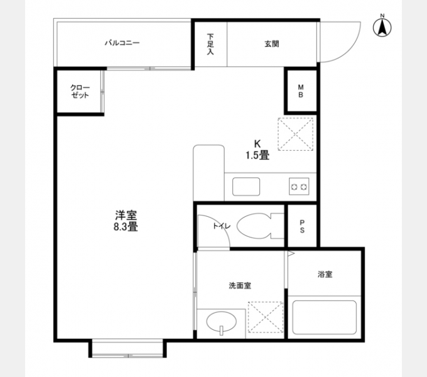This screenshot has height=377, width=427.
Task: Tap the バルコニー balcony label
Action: pyautogui.click(x=122, y=43)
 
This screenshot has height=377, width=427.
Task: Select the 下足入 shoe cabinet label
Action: pyautogui.click(x=210, y=43)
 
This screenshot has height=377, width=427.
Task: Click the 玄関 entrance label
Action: pyautogui.click(x=271, y=44)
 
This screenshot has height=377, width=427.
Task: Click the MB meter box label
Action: pyautogui.click(x=301, y=91)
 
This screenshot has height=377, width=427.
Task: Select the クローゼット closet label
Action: pyautogui.click(x=79, y=92)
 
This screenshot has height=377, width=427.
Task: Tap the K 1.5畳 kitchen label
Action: pyautogui.click(x=257, y=150)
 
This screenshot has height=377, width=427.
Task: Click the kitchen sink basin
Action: pyautogui.click(x=246, y=187)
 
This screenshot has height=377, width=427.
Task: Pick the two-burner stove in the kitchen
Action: pyautogui.click(x=298, y=187)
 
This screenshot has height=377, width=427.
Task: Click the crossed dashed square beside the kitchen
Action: pyautogui.click(x=295, y=134)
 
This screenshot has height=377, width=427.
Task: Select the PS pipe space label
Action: pyautogui.click(x=302, y=226)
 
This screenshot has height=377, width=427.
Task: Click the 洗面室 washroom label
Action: pyautogui.click(x=239, y=285)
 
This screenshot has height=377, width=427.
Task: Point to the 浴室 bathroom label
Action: pyautogui.click(x=325, y=274)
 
